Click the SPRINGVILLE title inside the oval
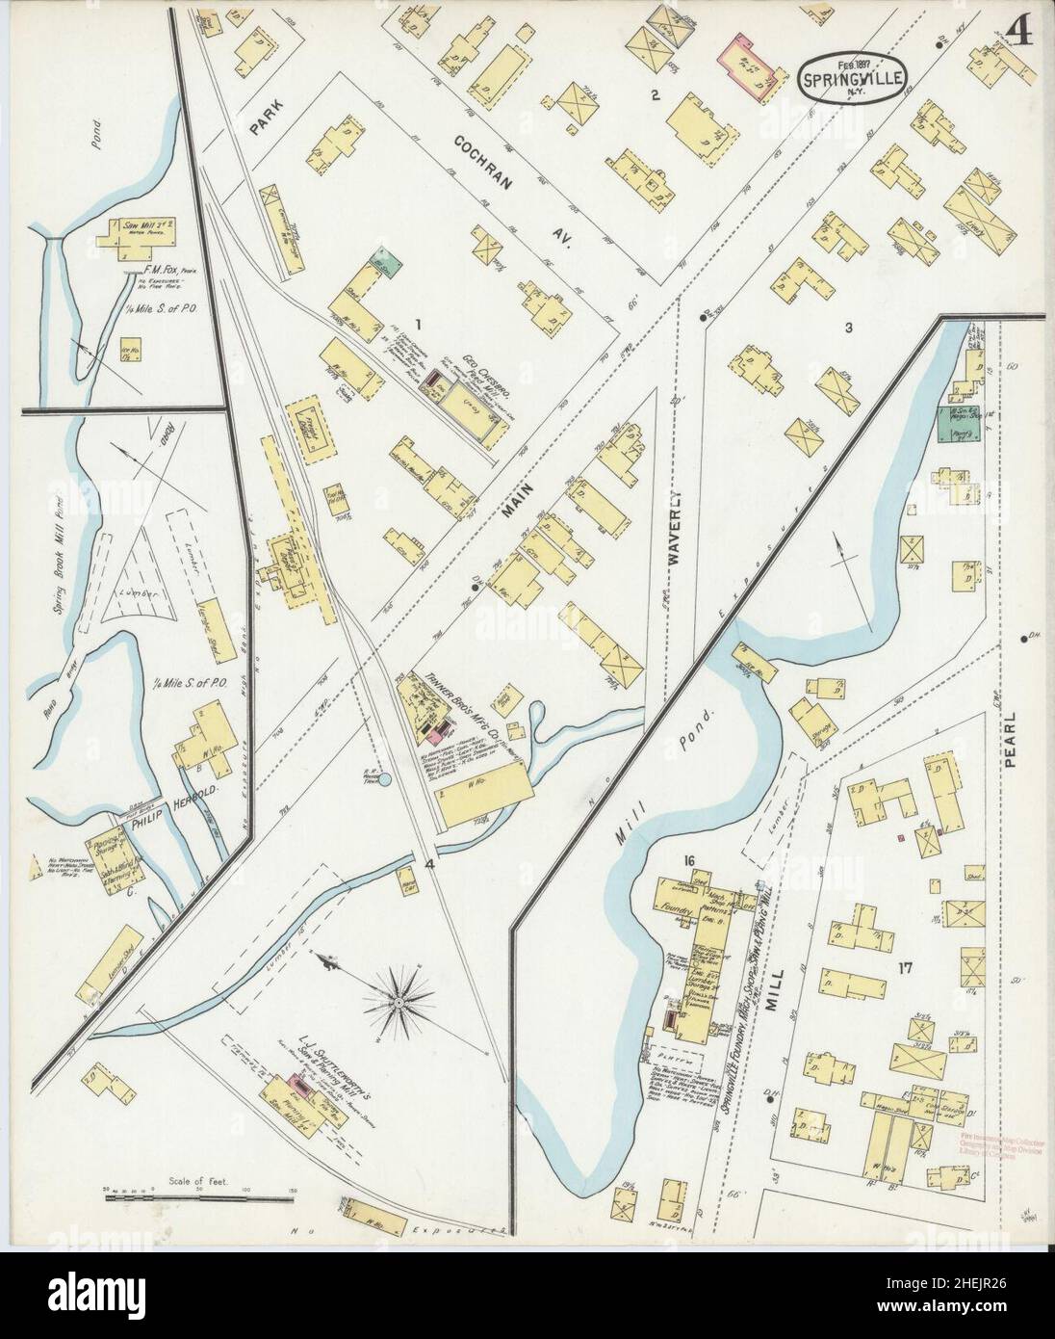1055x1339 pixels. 851,82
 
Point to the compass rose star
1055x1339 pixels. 397,1004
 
